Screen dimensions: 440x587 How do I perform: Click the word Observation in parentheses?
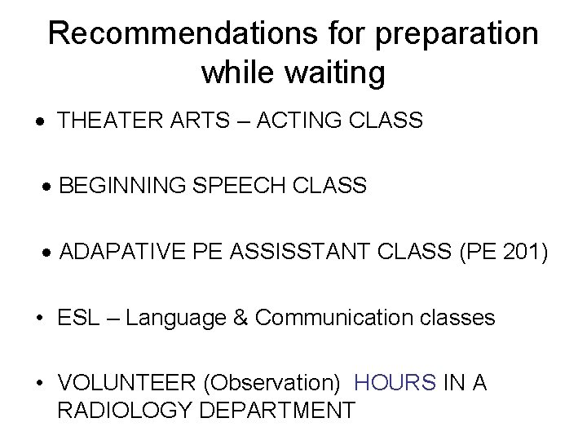tap(279, 383)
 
